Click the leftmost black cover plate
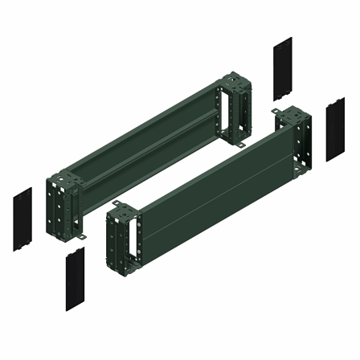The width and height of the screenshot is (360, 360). pos(22,219)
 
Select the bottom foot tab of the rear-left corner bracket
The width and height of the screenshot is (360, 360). pos(84,237)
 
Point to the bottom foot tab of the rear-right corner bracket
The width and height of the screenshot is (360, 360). pos(242,145)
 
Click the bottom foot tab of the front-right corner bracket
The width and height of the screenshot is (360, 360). pos(305,176)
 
